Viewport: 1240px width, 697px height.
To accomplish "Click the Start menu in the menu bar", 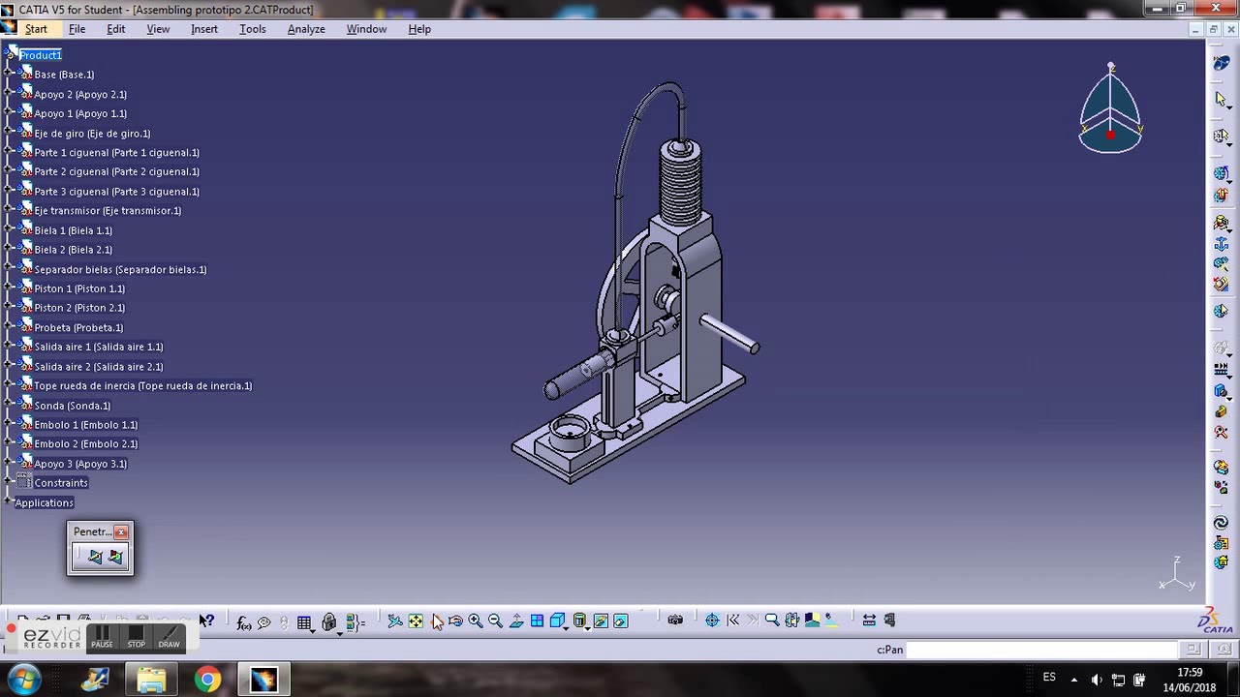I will (36, 29).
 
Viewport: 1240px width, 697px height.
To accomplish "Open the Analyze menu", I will (306, 29).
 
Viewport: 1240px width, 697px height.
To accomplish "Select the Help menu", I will (419, 29).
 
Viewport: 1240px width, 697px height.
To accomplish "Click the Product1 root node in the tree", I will (41, 55).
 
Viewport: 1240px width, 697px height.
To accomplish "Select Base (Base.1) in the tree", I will (64, 75).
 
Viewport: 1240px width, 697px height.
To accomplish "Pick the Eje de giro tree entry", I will (92, 134).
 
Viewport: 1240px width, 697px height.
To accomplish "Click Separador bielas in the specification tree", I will (120, 269).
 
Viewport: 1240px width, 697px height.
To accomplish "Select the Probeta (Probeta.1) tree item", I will (78, 327).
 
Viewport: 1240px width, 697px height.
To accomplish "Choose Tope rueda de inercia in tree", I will (142, 386).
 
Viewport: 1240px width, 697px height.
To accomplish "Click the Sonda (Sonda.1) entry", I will (72, 406).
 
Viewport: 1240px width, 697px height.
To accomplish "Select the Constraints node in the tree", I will (60, 483).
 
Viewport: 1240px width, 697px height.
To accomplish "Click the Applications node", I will (44, 502).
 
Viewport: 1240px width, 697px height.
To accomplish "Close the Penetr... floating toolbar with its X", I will (121, 531).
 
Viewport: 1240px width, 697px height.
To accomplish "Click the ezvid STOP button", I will (137, 637).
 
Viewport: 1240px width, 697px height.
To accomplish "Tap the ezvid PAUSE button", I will (102, 637).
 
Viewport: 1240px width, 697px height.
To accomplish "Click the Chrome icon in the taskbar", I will (207, 680).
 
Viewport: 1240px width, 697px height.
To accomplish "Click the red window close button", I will (1217, 9).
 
